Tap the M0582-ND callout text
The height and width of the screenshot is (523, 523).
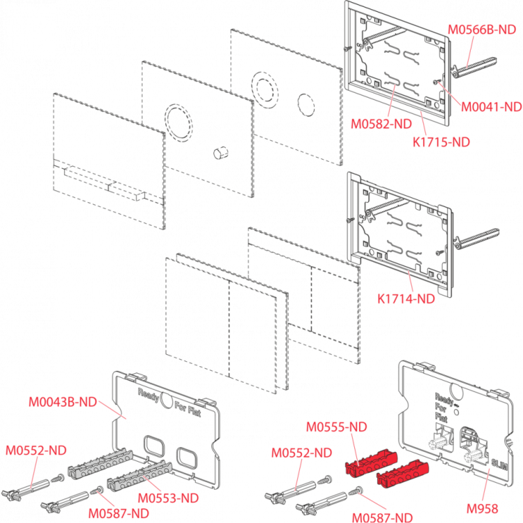tap(381, 125)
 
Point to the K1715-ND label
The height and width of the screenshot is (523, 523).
tap(441, 142)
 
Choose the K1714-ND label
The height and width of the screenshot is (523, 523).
tap(406, 298)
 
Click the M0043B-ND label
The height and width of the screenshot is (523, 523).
tap(62, 402)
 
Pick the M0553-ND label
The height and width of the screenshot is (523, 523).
tap(168, 498)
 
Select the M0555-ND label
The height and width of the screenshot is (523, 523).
tap(336, 426)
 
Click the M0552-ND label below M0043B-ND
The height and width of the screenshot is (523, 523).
tap(36, 450)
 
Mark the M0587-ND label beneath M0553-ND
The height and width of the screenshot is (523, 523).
tap(119, 513)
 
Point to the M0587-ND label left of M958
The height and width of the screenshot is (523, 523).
tap(382, 517)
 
